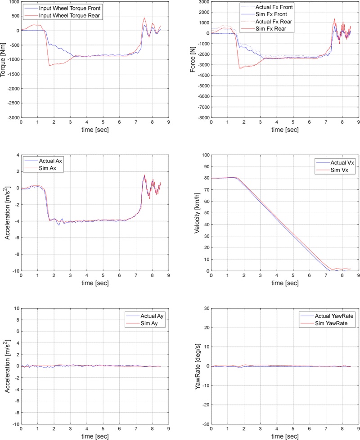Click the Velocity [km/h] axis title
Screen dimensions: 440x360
(193, 213)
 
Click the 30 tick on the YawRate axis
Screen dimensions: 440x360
(205, 308)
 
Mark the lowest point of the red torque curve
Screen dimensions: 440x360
(50, 66)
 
